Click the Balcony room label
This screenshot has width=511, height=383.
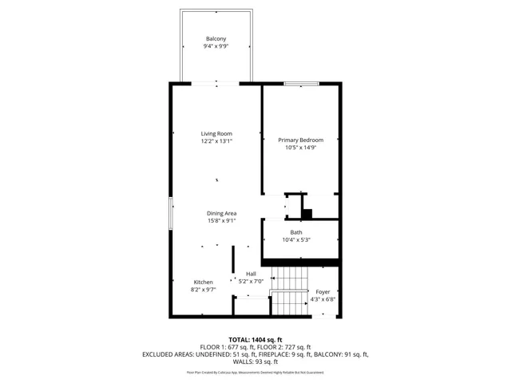point(216,39)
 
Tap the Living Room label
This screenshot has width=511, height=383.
point(216,133)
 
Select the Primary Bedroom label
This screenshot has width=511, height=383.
point(301,140)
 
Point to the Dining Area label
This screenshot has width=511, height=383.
point(221,213)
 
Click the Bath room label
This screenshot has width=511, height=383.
point(296,232)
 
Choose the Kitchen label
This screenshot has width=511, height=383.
point(203,282)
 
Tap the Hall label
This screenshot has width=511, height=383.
point(251,274)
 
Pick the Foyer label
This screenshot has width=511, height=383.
point(323,292)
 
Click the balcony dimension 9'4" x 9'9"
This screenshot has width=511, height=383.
point(216,47)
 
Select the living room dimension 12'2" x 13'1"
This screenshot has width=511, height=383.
point(216,141)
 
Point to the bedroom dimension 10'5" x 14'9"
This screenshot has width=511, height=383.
point(301,148)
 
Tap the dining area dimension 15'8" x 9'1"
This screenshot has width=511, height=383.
point(221,221)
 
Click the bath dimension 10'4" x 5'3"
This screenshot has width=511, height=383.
point(296,240)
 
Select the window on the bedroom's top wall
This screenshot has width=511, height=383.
point(299,83)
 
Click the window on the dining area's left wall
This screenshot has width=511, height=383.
point(170,214)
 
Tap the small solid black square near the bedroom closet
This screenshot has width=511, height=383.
point(307,213)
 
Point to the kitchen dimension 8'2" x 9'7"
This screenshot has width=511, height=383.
point(203,290)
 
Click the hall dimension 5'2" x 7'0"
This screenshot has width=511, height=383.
point(251,282)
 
